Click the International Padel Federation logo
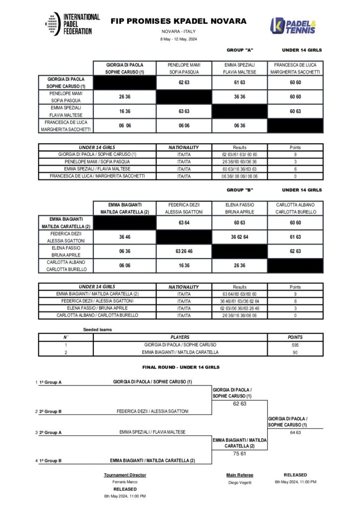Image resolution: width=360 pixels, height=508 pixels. click(72, 24)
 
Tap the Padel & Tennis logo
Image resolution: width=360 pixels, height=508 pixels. click(292, 26)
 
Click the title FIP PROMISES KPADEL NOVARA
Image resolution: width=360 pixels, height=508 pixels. click(178, 21)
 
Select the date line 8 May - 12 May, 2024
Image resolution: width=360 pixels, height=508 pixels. click(178, 39)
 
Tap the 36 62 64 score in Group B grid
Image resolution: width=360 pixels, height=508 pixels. click(240, 237)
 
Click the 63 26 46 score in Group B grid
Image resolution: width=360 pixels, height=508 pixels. click(184, 251)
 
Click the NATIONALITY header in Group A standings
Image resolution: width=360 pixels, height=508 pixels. click(184, 147)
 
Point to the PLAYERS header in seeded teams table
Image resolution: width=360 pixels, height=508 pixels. click(180, 337)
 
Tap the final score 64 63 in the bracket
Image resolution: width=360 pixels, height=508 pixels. click(295, 432)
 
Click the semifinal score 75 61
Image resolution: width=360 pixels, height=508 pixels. click(239, 453)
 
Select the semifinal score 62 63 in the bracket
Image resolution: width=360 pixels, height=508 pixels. click(239, 403)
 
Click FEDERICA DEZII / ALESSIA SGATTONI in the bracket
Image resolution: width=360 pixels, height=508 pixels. click(152, 411)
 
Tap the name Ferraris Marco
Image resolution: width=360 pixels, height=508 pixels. click(125, 482)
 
